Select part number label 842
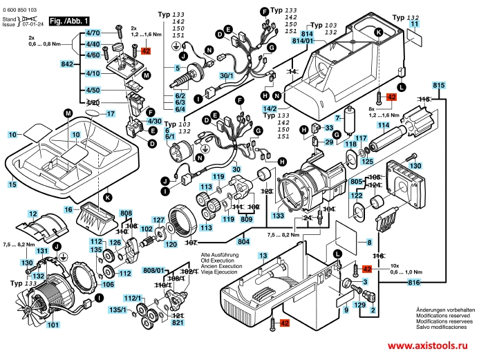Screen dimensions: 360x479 click(x=67, y=64)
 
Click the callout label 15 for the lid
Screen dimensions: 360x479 click(x=12, y=184)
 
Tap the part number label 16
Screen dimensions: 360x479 click(x=68, y=209)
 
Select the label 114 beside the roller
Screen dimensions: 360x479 click(x=382, y=125)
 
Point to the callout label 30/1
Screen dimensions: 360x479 click(x=226, y=75)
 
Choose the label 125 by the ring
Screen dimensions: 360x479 click(x=367, y=162)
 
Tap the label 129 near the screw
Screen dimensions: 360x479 click(x=359, y=304)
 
